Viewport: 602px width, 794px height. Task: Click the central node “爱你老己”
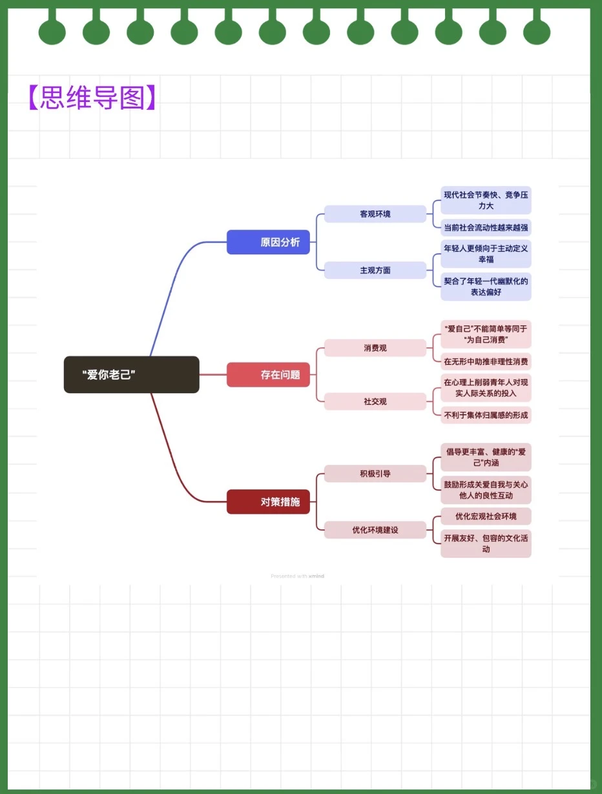(x=131, y=374)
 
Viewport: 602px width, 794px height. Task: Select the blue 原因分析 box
(x=268, y=242)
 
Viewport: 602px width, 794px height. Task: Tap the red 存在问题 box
(x=268, y=374)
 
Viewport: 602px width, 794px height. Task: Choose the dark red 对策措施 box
(x=268, y=502)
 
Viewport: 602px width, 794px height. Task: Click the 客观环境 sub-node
(x=375, y=214)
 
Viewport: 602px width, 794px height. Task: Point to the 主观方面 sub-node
(x=375, y=270)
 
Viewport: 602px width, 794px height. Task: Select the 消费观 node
(x=375, y=348)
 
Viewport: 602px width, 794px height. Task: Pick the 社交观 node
(x=375, y=402)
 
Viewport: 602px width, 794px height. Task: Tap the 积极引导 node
(x=375, y=474)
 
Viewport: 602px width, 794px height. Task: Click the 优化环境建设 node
(x=375, y=530)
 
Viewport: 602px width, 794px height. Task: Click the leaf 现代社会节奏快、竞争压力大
(x=486, y=200)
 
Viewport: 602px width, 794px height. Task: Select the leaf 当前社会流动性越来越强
(x=486, y=227)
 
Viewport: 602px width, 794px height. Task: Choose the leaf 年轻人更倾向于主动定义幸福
(x=486, y=254)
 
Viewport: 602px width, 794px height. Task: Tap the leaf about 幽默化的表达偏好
(x=486, y=287)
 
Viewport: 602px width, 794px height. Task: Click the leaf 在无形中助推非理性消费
(x=486, y=361)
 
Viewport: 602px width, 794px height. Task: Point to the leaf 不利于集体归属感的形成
(x=486, y=415)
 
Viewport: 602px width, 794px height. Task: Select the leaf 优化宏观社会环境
(x=486, y=516)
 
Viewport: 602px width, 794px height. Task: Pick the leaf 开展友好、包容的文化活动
(x=486, y=544)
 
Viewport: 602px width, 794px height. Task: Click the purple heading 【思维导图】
(x=92, y=97)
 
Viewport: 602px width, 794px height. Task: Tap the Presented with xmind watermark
(x=297, y=576)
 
